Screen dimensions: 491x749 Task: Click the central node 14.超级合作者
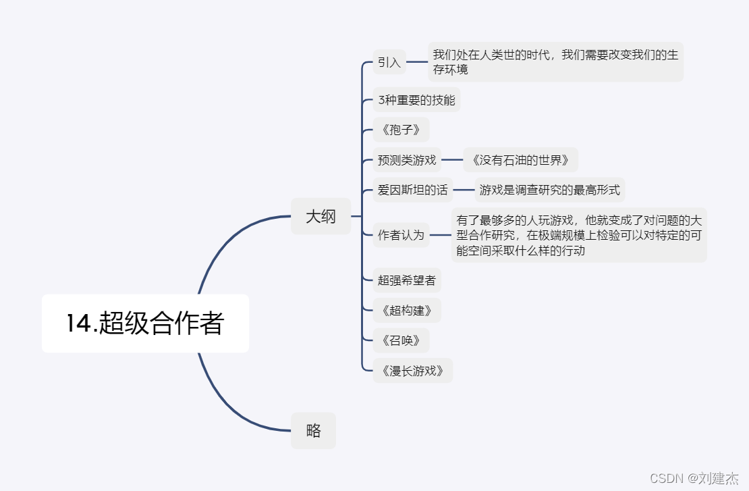click(x=145, y=324)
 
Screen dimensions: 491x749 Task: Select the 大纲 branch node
click(x=321, y=217)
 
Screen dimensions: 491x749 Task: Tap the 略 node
click(x=313, y=431)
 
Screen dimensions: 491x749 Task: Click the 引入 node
click(x=389, y=62)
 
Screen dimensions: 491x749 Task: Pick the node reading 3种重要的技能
click(x=416, y=100)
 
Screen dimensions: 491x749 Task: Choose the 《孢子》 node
click(x=401, y=130)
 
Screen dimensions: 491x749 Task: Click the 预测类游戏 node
click(x=407, y=160)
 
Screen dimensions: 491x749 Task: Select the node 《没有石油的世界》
click(x=520, y=160)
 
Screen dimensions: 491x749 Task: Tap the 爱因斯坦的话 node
click(x=412, y=190)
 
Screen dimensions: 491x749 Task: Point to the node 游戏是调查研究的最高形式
click(x=549, y=190)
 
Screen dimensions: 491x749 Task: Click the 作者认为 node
click(x=401, y=235)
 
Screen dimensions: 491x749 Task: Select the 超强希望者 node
click(x=407, y=280)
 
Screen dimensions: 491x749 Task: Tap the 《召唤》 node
click(x=401, y=340)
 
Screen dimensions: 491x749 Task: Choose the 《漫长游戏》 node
click(x=412, y=370)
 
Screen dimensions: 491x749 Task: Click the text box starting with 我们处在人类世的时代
click(x=555, y=62)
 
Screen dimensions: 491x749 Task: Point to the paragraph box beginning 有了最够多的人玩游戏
click(x=579, y=235)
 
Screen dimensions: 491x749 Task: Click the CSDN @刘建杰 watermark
click(x=694, y=478)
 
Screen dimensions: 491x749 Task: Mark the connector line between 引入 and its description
click(x=417, y=62)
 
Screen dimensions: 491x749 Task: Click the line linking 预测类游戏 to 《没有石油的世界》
click(x=452, y=160)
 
